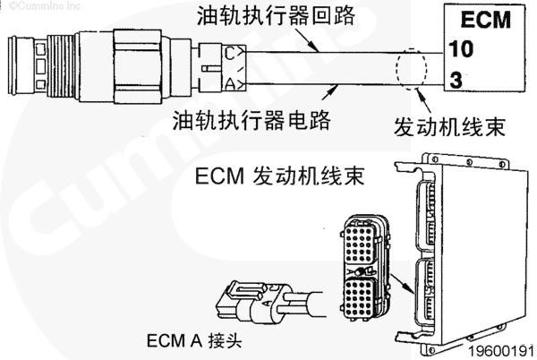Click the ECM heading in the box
point(482,20)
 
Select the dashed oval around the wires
point(413,67)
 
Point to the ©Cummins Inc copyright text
point(34,7)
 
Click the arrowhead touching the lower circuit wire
point(333,87)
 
